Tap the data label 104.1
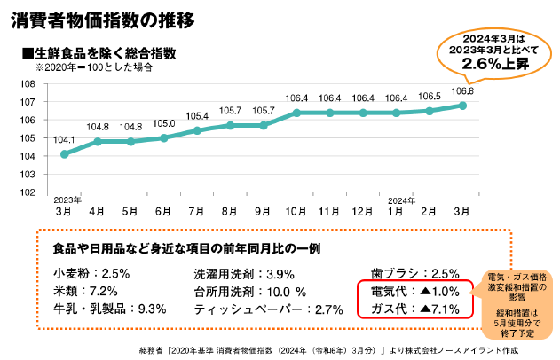coord(64,139)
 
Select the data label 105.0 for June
coord(163,123)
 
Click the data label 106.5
coord(430,97)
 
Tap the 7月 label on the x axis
coord(196,211)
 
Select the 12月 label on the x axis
coord(362,211)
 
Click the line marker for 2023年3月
coord(64,154)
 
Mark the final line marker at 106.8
coord(462,106)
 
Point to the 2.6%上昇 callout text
coord(495,64)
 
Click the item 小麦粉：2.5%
coord(91,274)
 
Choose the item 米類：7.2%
coord(85,292)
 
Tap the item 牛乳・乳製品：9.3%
coord(110,309)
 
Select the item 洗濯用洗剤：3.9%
coord(244,274)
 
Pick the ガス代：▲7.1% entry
coord(415,309)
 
